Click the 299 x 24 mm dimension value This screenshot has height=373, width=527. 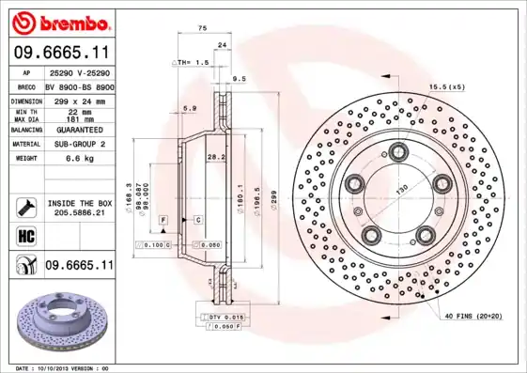[78, 99]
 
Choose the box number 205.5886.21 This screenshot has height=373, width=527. [79, 213]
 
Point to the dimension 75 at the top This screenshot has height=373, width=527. [203, 28]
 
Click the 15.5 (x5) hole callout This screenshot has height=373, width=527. [447, 87]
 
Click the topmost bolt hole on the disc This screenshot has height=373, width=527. [398, 150]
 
